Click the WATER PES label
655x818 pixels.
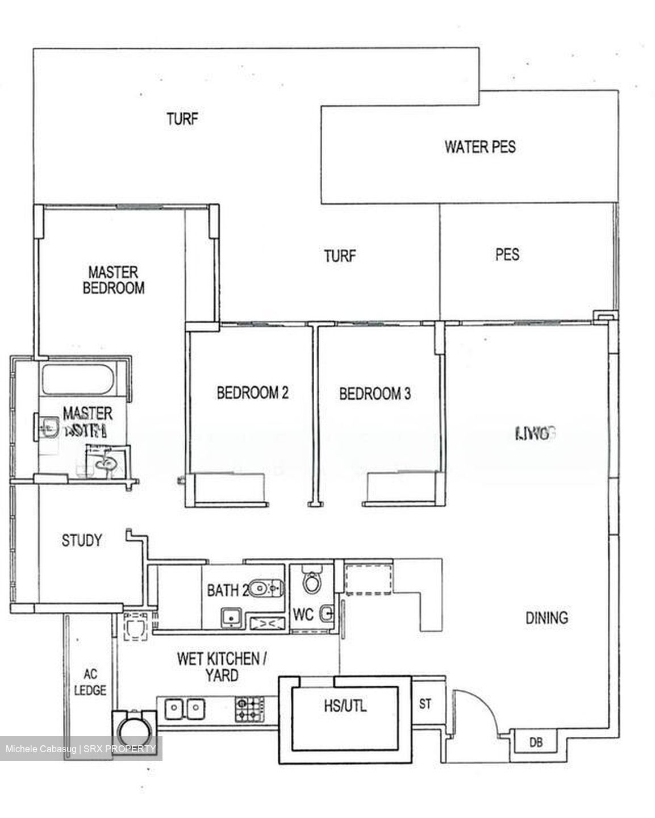(480, 147)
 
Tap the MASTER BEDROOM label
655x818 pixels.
(114, 280)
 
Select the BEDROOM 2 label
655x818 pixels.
(252, 393)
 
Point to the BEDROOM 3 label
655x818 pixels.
(375, 393)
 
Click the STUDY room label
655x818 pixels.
(82, 540)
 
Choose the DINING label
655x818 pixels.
(546, 617)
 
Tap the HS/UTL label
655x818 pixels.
(345, 706)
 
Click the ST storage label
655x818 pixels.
(425, 704)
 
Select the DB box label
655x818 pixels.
(535, 742)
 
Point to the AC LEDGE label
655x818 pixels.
(90, 682)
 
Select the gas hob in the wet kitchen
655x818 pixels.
(249, 709)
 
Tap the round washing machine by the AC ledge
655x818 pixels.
(135, 727)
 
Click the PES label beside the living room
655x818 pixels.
(507, 254)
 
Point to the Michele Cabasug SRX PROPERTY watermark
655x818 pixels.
(80, 749)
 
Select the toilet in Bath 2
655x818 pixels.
(266, 588)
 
